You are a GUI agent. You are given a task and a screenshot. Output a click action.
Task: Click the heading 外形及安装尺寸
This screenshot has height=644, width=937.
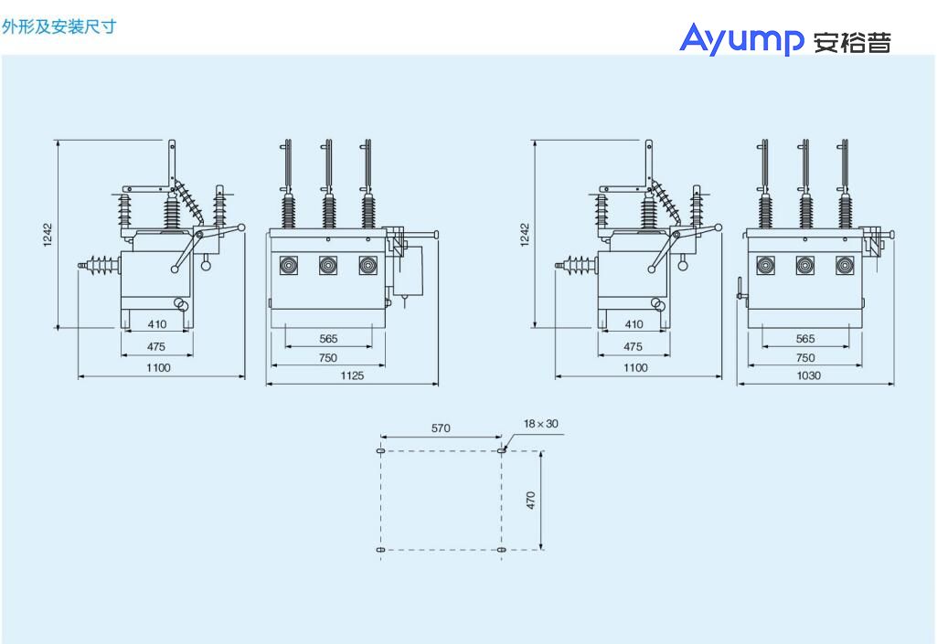coord(59,26)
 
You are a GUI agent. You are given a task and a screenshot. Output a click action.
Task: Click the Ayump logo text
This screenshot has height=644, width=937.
coord(741,39)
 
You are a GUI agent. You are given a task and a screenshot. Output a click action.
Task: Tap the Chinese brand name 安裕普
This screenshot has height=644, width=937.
coord(852,42)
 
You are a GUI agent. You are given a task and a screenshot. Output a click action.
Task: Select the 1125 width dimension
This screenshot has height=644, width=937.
coord(352,375)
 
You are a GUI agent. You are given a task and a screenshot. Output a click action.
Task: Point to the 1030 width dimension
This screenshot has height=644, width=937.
coord(808,375)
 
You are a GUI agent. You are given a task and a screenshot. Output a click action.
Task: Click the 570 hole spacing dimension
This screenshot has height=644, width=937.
coord(441,428)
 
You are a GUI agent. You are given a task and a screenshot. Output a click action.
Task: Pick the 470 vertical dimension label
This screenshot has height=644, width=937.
coord(530,500)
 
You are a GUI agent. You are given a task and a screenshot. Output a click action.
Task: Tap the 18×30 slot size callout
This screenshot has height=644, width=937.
coord(541,424)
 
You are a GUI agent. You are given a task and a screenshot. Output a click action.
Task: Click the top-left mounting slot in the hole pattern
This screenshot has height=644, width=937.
coord(380,450)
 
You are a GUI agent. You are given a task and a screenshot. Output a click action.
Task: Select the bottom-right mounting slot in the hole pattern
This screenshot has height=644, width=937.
coord(501,550)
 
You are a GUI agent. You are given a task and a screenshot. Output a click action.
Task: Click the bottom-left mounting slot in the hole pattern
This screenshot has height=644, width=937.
coord(380,550)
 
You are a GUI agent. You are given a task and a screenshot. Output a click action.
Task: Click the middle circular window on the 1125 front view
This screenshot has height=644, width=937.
coord(328,265)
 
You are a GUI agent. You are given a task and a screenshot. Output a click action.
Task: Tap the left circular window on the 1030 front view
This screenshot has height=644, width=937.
coord(765,265)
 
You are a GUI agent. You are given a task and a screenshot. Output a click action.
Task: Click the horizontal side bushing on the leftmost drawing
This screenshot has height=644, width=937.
coord(100,265)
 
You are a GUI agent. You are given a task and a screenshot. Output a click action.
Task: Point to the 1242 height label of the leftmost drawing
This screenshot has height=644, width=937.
coord(48,234)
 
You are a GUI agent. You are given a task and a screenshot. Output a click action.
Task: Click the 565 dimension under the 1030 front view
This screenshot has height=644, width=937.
coord(805,339)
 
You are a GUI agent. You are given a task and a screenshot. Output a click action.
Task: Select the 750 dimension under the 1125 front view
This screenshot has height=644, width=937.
coord(328,357)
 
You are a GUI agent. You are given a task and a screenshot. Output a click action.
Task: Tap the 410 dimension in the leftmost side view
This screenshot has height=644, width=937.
coord(157,323)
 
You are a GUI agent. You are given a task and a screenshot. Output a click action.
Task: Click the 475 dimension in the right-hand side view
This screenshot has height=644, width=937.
coord(633,346)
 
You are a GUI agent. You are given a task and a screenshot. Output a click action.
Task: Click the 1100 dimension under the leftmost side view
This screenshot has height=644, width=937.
coord(158,367)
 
